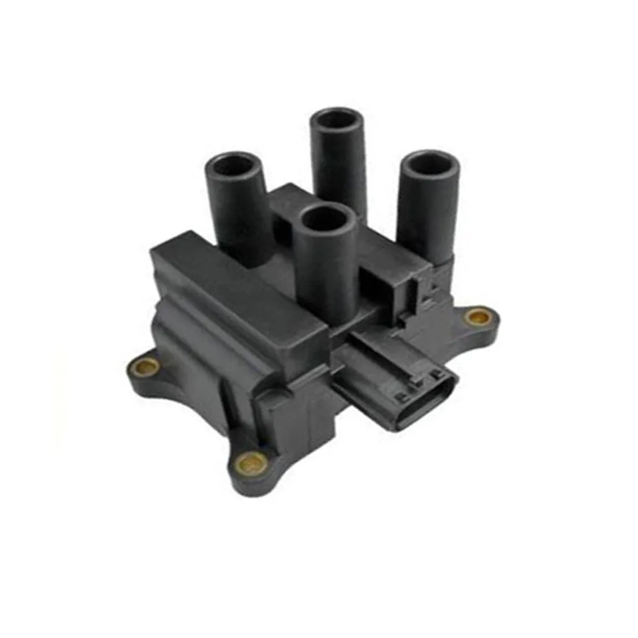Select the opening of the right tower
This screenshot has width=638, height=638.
point(429,163)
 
